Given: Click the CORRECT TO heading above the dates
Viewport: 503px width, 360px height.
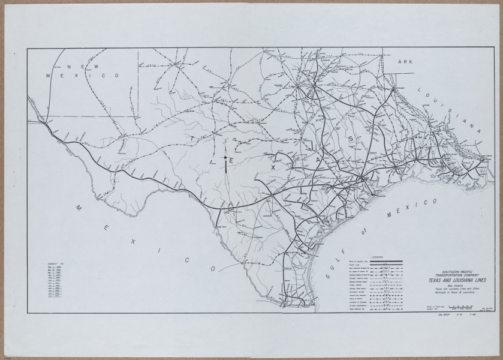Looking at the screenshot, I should [x=54, y=264].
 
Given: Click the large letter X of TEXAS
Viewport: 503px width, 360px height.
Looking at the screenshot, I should [x=273, y=169].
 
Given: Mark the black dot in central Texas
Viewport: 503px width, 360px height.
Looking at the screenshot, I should [x=225, y=158].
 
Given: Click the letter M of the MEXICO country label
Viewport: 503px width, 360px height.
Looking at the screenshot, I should [x=78, y=207].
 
